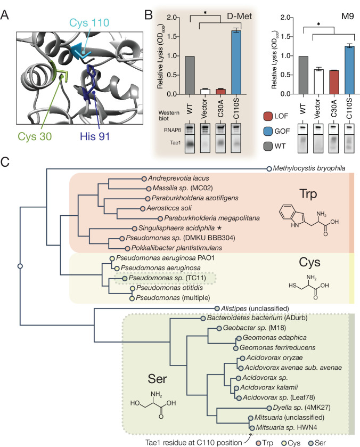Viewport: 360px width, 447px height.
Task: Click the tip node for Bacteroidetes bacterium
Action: pos(203,319)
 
